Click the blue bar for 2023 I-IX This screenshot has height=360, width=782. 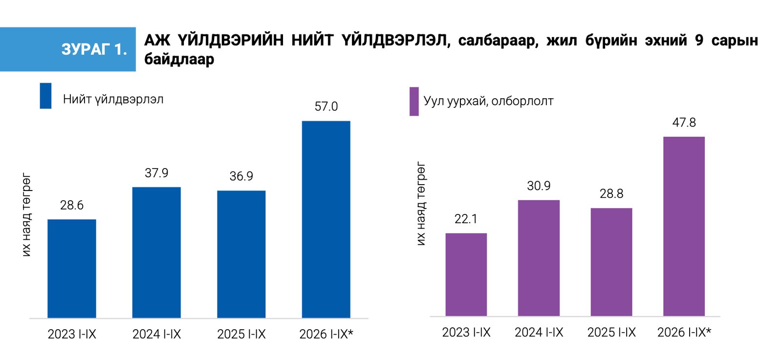point(71,269)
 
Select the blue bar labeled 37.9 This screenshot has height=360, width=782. point(156,253)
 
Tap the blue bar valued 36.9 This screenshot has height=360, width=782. point(241,254)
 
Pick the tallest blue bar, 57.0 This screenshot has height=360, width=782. point(326,219)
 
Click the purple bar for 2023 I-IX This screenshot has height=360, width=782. point(466,275)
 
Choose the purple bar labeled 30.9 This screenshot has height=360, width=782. point(539,258)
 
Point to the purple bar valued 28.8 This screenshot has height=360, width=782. point(611,262)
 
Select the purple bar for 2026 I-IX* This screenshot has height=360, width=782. point(684,226)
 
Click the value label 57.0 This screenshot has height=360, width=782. point(326,106)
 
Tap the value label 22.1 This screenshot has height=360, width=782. point(466,219)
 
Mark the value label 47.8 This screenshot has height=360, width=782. point(684,123)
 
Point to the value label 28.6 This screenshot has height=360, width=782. point(71,205)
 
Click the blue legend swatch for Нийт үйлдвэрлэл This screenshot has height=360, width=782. point(46,96)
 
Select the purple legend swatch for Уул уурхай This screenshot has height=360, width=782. point(414,102)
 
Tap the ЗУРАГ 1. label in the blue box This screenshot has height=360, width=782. point(94,49)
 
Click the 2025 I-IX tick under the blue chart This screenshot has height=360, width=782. point(241,334)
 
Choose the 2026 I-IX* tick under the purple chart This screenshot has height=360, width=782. point(684,333)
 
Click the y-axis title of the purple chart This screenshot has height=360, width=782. point(421,204)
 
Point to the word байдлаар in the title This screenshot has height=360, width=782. point(179,59)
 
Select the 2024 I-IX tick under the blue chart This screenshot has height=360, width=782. point(156,334)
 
